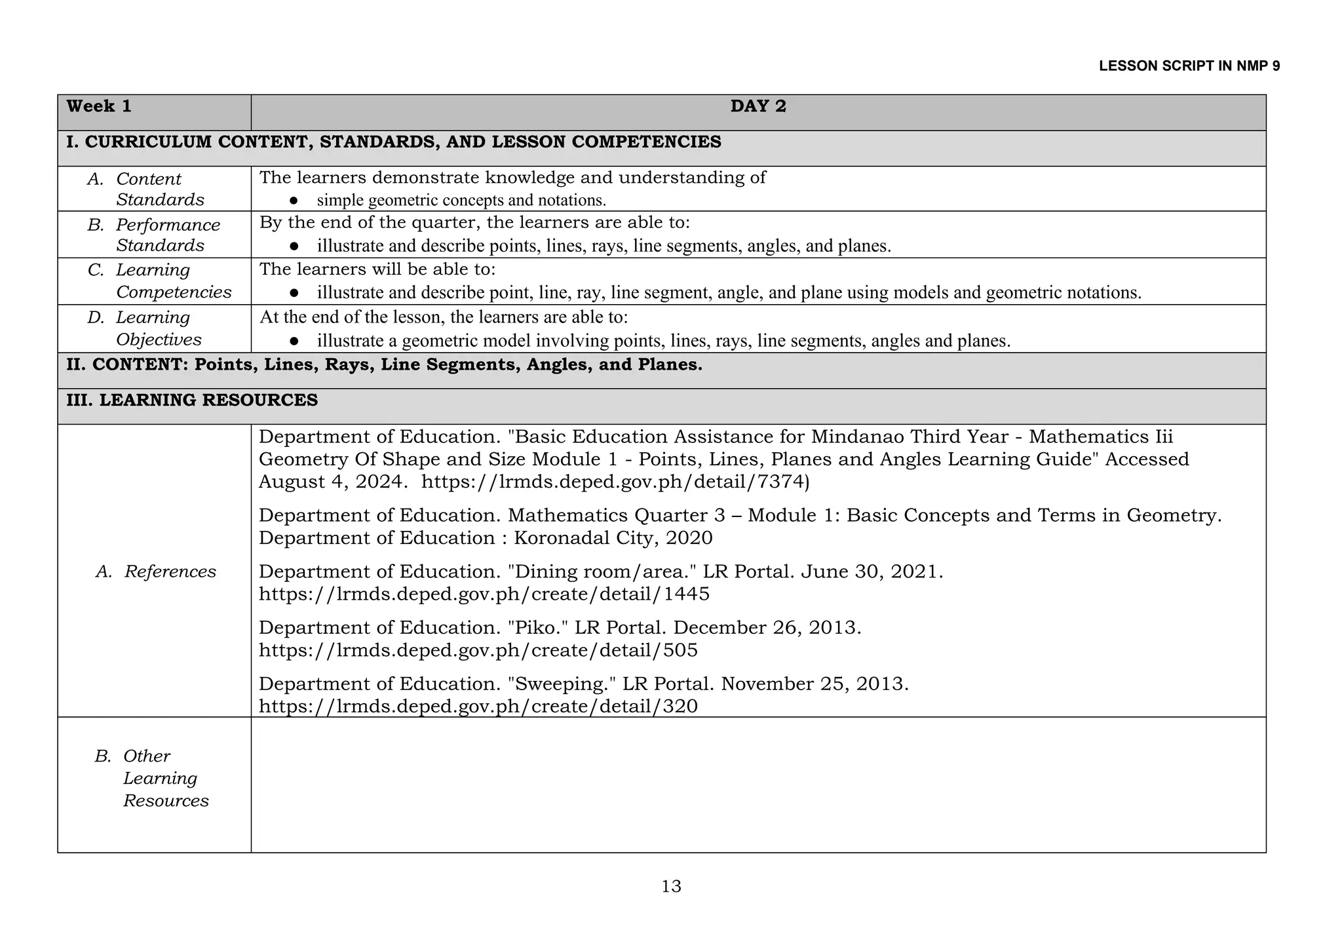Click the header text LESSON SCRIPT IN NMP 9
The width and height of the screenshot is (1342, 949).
[x=1189, y=66]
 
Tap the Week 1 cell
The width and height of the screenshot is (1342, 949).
[x=99, y=107]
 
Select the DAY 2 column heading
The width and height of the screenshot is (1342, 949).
[x=758, y=107]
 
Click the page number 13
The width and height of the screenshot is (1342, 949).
[x=671, y=887]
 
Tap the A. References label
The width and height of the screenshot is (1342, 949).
[x=156, y=571]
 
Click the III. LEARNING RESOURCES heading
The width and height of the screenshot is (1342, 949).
[x=192, y=400]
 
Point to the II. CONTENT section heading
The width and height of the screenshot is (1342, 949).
[x=384, y=365]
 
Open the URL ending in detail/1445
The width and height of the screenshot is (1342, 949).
[x=484, y=594]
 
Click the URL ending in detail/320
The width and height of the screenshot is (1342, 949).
[x=478, y=707]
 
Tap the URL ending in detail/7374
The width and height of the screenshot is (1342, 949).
[x=615, y=482]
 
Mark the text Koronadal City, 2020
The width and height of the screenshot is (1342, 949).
[x=613, y=538]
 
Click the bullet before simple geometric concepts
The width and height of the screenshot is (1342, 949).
[x=294, y=201]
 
